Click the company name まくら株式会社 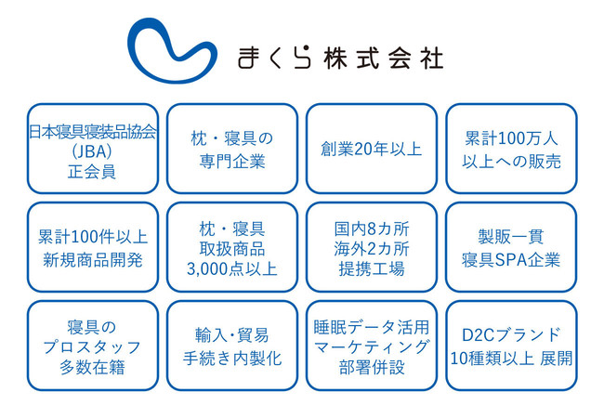340,59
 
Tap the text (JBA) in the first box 92,151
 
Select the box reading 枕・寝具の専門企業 232,149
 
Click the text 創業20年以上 372,149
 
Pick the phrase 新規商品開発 92,260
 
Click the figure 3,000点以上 232,268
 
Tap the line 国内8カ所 372,229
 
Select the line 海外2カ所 372,249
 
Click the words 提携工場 372,268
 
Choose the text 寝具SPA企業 511,260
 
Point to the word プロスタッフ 92,347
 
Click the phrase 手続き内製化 232,359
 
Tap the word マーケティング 372,347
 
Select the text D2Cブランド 511,334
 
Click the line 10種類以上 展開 511,359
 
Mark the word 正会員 92,172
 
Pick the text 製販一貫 511,236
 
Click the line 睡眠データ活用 372,327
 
